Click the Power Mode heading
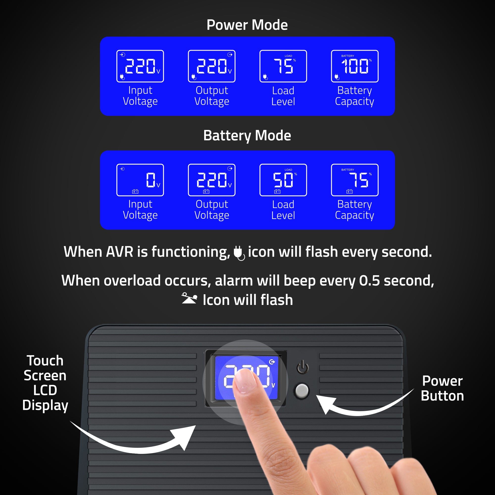pyautogui.click(x=247, y=25)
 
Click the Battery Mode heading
pyautogui.click(x=247, y=135)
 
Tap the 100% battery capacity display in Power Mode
pyautogui.click(x=355, y=66)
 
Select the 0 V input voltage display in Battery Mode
pyautogui.click(x=140, y=180)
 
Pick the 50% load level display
pyautogui.click(x=283, y=180)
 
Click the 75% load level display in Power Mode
pyautogui.click(x=283, y=66)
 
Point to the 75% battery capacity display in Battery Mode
pyautogui.click(x=355, y=180)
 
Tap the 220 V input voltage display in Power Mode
pyautogui.click(x=140, y=66)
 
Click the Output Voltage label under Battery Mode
pyautogui.click(x=212, y=210)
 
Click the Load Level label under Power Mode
pyautogui.click(x=283, y=96)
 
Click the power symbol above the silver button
pyautogui.click(x=303, y=367)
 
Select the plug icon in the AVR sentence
pyautogui.click(x=239, y=253)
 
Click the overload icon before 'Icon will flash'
pyautogui.click(x=189, y=298)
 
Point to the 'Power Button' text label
pyautogui.click(x=442, y=388)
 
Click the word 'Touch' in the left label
pyautogui.click(x=45, y=361)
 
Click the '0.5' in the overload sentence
pyautogui.click(x=369, y=281)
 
